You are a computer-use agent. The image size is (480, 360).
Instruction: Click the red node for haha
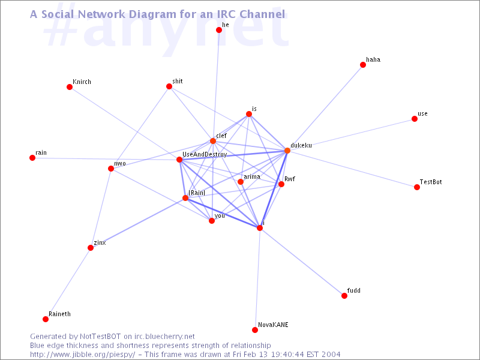coord(363,65)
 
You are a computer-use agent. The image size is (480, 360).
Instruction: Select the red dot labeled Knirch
coord(70,87)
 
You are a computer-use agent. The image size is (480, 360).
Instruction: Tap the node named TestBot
coord(416,187)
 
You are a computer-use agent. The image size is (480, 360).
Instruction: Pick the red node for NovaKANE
coord(254,329)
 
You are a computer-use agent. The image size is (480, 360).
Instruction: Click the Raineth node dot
coord(46,319)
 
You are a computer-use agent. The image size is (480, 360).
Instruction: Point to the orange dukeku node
coord(287,151)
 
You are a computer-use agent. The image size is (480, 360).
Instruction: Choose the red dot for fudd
coord(344,296)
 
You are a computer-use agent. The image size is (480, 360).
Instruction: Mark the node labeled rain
coord(32,158)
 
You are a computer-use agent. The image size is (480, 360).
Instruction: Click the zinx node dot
coord(91,248)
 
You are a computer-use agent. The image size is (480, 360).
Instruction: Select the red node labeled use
coord(415,119)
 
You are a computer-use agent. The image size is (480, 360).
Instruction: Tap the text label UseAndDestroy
coord(205,154)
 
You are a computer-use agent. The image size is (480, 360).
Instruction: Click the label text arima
coord(252,176)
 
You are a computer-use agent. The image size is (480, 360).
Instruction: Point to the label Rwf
coord(290,179)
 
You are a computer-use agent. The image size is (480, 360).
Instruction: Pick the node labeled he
coord(219,29)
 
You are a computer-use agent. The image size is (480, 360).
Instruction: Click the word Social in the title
coord(58,14)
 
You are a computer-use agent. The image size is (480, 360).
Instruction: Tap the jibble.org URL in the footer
coord(82,355)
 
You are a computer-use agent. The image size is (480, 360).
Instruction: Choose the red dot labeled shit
coord(169,86)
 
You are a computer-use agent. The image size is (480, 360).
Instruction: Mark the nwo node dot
coord(111,169)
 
